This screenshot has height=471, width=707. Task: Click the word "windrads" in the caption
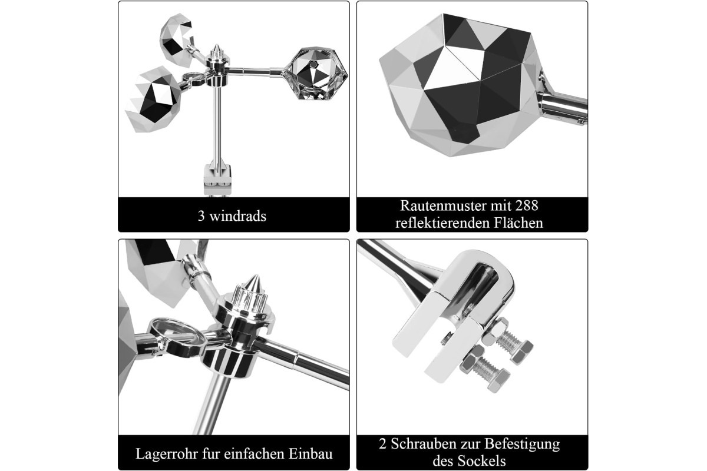coord(237,216)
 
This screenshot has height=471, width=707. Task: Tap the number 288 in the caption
coord(527,205)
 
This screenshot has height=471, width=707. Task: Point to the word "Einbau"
coord(310,454)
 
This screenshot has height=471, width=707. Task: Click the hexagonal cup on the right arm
coord(316,73)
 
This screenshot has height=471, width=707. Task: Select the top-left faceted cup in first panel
coord(177,39)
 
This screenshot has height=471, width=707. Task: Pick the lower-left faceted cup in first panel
coord(154,99)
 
